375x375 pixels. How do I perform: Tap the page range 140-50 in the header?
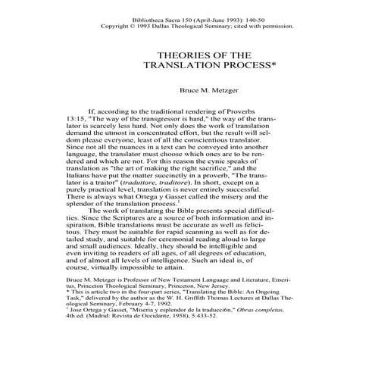tap(258, 16)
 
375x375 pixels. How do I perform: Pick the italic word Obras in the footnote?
tap(261, 342)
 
